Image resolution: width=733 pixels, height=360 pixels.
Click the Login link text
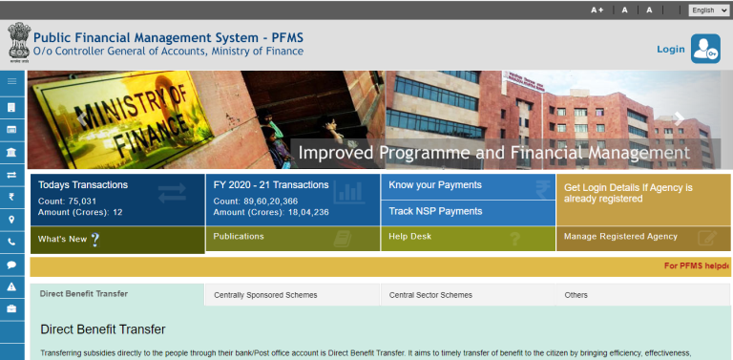click(670, 49)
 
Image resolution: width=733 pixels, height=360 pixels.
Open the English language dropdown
click(708, 10)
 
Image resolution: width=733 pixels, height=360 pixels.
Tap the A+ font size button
click(597, 10)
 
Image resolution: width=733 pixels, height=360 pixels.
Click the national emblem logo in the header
click(18, 43)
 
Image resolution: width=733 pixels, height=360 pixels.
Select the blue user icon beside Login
click(705, 48)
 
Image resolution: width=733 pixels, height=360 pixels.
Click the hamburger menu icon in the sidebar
click(11, 82)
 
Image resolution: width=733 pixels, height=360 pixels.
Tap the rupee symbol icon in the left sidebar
click(11, 197)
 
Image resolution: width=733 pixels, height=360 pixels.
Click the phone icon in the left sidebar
click(11, 243)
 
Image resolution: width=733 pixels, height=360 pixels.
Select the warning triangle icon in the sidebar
click(11, 286)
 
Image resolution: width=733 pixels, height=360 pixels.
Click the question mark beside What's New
click(94, 239)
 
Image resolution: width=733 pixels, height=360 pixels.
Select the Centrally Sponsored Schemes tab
click(265, 296)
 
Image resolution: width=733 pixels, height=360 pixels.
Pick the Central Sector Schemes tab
click(430, 296)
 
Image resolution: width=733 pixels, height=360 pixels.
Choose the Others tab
click(576, 296)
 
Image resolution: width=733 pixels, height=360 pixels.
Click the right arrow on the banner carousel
click(680, 118)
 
